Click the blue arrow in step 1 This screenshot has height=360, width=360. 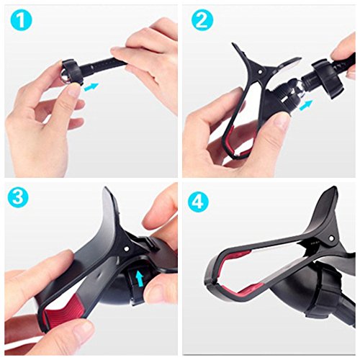tap(92, 87)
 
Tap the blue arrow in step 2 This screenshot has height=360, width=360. tap(307, 105)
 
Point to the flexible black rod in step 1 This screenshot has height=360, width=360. tap(115, 60)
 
